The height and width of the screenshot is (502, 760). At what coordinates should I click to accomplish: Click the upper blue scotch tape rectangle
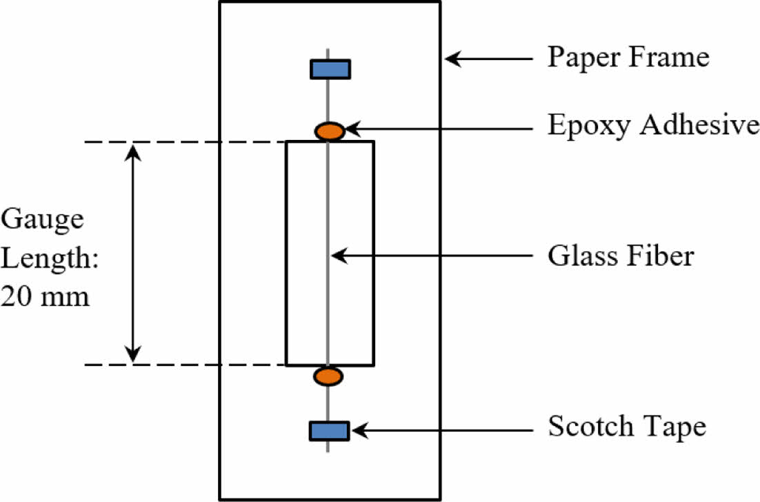click(330, 69)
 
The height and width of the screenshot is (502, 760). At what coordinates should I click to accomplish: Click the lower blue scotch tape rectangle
click(329, 430)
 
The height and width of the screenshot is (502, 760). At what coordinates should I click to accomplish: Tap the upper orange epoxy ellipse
click(330, 130)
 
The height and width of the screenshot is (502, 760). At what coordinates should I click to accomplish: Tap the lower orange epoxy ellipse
click(328, 376)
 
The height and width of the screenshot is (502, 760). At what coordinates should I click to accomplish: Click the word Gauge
click(42, 220)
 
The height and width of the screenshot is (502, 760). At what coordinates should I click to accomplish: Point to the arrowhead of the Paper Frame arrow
click(450, 59)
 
